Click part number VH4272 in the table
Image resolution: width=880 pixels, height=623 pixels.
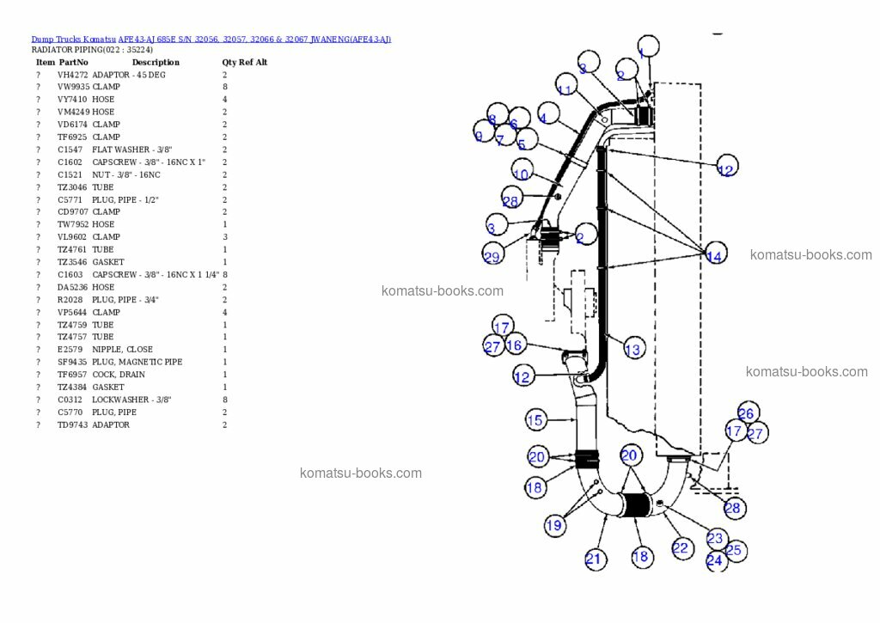(x=72, y=75)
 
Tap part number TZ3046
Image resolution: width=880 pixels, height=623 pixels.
(x=73, y=187)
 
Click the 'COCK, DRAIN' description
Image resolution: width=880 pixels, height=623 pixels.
(x=119, y=375)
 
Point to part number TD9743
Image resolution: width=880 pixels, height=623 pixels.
(x=72, y=425)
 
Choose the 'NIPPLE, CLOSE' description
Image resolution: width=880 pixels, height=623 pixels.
(x=122, y=350)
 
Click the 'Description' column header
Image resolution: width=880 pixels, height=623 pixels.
(x=156, y=63)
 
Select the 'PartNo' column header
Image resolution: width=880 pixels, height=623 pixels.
(x=73, y=63)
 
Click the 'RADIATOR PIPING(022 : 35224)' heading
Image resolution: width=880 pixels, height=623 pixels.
(x=92, y=50)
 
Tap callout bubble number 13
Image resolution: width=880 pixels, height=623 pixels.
(x=632, y=349)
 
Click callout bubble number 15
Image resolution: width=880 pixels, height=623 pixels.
(x=535, y=420)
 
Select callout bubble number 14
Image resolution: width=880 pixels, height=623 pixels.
(x=714, y=255)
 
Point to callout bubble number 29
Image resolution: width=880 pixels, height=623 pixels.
(x=492, y=256)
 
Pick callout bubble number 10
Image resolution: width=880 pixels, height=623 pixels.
(x=521, y=173)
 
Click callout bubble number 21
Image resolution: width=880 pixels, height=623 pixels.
(x=594, y=559)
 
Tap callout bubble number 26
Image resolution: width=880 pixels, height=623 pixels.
(x=747, y=413)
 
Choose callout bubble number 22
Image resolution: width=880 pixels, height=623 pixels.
(x=681, y=548)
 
